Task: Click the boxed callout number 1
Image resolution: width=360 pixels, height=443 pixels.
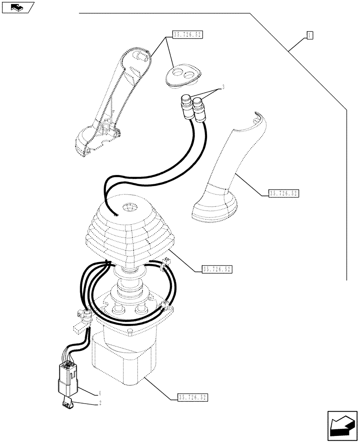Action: click(x=310, y=35)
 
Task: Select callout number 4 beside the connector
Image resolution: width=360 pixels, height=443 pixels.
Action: click(x=100, y=393)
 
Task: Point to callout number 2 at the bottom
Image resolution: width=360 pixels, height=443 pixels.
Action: click(x=100, y=403)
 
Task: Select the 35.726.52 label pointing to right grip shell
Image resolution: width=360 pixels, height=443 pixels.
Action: click(x=284, y=193)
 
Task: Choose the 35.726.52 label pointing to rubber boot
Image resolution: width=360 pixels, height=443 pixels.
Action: click(x=217, y=269)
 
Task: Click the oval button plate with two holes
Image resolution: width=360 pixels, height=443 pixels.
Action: click(x=183, y=74)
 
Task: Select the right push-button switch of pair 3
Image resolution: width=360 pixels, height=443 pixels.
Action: click(x=198, y=109)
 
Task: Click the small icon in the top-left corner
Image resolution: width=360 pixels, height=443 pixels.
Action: click(x=18, y=7)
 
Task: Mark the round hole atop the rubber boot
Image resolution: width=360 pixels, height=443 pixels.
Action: click(x=130, y=207)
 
